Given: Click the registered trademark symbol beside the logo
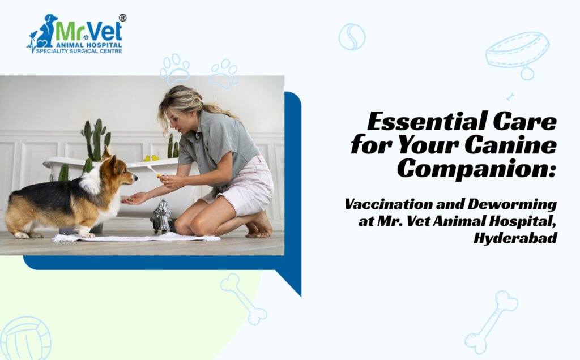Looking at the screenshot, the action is (122, 18).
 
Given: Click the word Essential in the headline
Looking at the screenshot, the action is (427, 121).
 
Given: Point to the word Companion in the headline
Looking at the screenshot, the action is (477, 169).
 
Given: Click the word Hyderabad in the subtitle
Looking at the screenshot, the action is (515, 238).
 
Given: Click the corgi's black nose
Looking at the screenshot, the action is (135, 178).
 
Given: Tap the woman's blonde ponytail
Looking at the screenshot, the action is (218, 109).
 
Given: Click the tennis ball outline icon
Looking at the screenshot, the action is (352, 37).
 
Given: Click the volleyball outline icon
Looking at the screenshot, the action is (26, 338).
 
